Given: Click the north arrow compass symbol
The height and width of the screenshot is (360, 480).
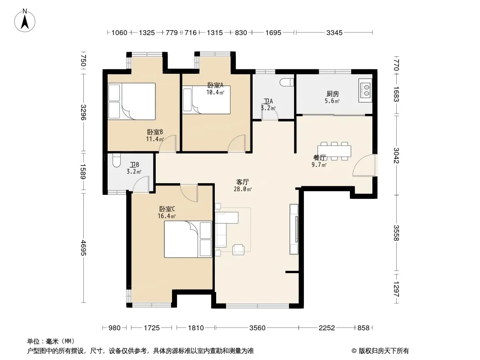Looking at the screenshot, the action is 25,21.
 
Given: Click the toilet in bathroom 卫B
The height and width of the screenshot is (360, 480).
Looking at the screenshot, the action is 117,160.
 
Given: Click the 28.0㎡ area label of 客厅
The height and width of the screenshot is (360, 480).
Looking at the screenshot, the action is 242,189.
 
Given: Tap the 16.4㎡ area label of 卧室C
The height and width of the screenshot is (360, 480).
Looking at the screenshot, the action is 167,216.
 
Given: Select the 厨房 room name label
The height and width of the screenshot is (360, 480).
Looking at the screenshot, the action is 332,94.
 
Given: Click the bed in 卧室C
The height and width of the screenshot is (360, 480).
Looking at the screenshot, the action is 188,239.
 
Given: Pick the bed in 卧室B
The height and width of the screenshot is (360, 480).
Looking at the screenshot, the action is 131,101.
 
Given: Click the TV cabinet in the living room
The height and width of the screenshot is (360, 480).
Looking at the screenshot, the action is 294,229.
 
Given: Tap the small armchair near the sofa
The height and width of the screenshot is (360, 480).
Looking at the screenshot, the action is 238,250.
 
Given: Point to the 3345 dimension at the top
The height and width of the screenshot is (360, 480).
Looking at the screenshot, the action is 334,32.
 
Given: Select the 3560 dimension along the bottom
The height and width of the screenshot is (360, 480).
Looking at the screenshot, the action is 257,328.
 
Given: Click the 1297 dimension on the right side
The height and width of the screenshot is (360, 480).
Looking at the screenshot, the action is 396,289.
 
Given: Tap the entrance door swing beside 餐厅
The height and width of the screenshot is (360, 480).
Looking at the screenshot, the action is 364,166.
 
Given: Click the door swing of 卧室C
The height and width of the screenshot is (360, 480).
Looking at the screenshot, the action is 189,193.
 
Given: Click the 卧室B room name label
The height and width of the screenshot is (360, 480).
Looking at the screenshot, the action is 155,132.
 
